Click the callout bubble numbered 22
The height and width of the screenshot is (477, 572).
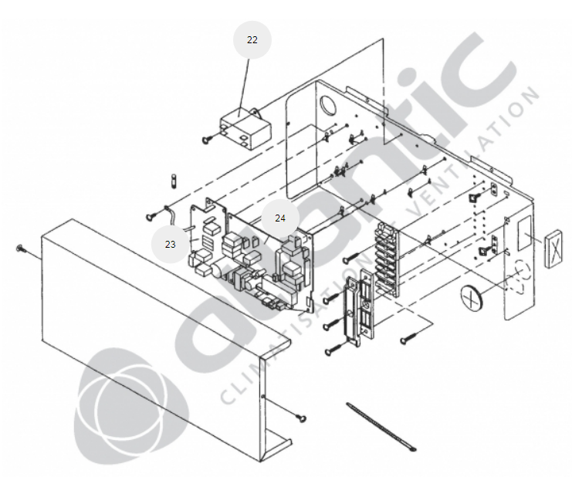(x=252, y=40)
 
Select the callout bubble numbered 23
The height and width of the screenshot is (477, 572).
(x=171, y=245)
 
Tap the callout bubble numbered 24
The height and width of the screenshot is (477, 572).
(x=280, y=218)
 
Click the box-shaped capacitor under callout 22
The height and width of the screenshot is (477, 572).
(x=245, y=128)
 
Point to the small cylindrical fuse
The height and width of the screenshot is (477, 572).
(x=174, y=181)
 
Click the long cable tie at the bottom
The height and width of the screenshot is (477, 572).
(x=381, y=427)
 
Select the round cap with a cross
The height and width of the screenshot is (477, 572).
(x=472, y=299)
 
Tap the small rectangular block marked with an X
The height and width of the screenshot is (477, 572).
(x=553, y=249)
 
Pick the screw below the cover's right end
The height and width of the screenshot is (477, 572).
(x=301, y=418)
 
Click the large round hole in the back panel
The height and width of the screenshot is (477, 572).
(x=328, y=104)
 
